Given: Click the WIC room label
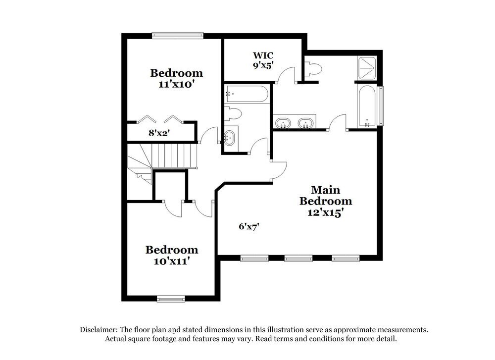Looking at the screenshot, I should (263, 55).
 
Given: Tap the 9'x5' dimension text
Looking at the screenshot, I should (263, 65).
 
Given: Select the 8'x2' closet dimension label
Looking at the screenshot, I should (159, 133).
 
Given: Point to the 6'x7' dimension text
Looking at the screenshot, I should (249, 226).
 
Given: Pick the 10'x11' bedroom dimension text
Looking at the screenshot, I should (171, 261).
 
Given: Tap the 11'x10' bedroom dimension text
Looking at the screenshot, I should (176, 84).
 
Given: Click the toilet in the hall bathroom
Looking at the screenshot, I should (233, 113).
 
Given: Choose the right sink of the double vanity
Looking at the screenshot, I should (306, 122).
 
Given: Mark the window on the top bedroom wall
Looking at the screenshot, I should (177, 35).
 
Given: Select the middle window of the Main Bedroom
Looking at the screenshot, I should (298, 258).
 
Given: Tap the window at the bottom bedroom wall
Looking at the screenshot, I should (171, 299).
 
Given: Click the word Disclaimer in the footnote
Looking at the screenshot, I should (99, 330).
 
